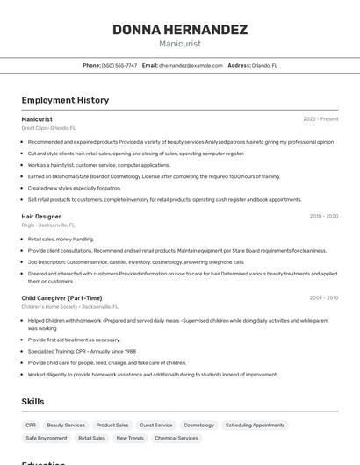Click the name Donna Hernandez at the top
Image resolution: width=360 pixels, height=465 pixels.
click(180, 30)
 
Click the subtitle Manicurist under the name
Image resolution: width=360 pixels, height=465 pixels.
click(180, 43)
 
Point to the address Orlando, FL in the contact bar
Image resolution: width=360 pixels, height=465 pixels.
click(264, 65)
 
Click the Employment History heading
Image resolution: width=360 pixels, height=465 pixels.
click(65, 100)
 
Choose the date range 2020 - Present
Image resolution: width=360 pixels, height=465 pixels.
click(320, 118)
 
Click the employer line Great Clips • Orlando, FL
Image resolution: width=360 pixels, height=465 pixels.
click(48, 128)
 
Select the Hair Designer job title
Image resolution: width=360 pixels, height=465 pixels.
click(41, 216)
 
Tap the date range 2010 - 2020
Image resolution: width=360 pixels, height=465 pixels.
click(323, 216)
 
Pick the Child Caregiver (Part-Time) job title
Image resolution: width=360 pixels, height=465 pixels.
click(61, 297)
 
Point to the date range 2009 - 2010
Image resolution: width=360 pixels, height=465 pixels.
click(323, 297)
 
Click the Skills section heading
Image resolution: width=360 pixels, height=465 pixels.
click(33, 402)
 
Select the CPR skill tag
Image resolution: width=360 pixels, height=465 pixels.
click(31, 425)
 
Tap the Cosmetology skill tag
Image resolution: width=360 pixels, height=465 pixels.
click(198, 425)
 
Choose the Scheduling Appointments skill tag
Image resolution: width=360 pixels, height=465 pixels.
click(255, 425)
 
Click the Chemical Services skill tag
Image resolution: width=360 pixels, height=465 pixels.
click(176, 438)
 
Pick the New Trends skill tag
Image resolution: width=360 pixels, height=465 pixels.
click(130, 438)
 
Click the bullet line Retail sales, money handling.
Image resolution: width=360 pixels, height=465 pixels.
click(61, 239)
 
